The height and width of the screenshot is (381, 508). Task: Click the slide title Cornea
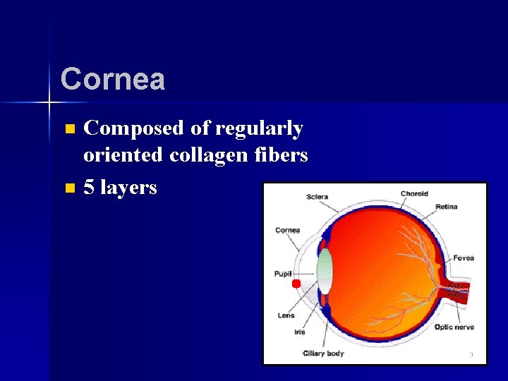tap(112, 79)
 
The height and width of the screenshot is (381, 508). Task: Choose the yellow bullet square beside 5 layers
tap(68, 188)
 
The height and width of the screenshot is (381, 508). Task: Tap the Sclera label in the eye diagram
tap(317, 196)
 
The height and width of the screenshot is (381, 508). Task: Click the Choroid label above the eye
tap(414, 193)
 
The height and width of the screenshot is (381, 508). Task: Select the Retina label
tap(446, 207)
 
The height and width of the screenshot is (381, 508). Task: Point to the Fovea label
tap(464, 258)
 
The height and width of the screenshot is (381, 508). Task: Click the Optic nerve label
tap(454, 327)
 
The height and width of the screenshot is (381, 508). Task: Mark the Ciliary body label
tap(323, 353)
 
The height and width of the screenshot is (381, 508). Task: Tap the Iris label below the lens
tap(300, 332)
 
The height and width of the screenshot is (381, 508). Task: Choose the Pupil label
tap(283, 273)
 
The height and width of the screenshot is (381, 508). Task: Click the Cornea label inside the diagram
tap(287, 230)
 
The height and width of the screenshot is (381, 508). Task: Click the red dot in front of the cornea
tap(296, 284)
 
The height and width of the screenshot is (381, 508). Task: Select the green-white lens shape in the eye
tap(325, 272)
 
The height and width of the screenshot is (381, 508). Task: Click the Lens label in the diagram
tap(286, 315)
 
